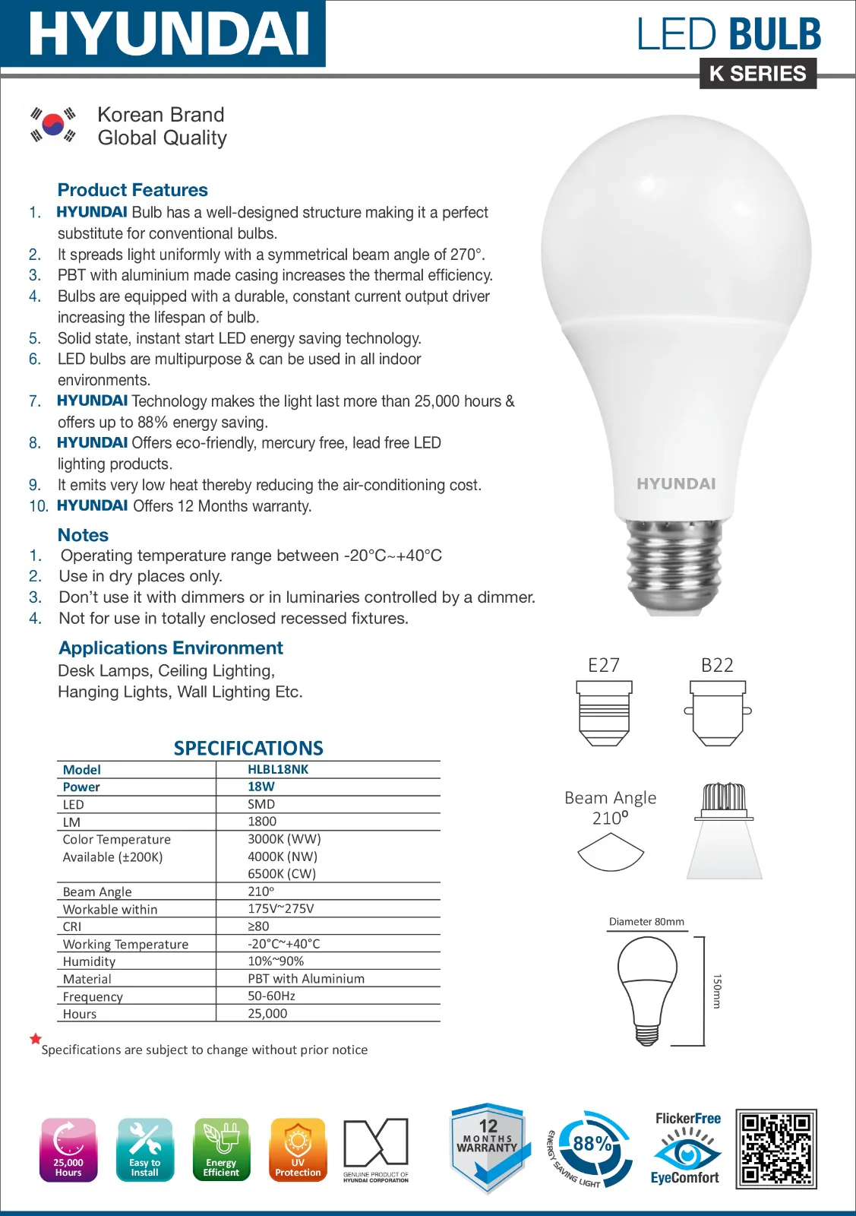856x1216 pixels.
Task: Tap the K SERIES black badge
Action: tap(757, 74)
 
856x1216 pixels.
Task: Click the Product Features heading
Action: tap(132, 190)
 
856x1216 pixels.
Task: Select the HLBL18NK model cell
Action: tap(278, 769)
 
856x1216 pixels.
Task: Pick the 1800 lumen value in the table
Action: tap(262, 822)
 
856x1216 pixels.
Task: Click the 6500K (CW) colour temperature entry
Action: tap(282, 874)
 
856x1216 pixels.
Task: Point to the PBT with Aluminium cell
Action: tap(306, 979)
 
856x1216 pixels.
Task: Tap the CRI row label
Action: tap(72, 927)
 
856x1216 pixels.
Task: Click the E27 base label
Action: tap(604, 666)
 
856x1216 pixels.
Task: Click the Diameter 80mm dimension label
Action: tap(646, 922)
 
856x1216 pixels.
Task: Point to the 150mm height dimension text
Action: tap(717, 991)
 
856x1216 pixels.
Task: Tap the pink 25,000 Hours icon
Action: tap(68, 1149)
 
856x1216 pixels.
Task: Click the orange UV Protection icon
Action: tap(298, 1149)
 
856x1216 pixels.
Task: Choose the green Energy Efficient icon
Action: tap(221, 1149)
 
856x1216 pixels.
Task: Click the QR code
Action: tap(776, 1148)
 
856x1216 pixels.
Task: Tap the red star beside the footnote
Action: tap(35, 1039)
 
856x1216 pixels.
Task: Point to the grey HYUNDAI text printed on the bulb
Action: tap(676, 484)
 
